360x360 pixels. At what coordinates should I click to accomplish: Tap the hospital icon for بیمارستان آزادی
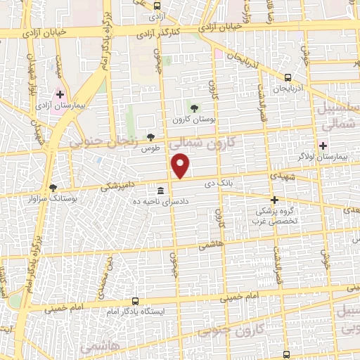pyautogui.click(x=60, y=94)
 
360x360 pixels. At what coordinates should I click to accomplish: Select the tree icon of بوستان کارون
pyautogui.click(x=195, y=107)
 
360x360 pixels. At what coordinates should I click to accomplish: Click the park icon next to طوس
pyautogui.click(x=150, y=137)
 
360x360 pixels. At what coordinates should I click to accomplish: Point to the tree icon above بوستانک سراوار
pyautogui.click(x=53, y=188)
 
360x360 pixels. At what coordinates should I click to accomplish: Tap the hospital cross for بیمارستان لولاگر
pyautogui.click(x=323, y=146)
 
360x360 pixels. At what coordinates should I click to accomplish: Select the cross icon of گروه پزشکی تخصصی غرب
pyautogui.click(x=274, y=200)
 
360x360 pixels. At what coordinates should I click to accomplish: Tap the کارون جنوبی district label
pyautogui.click(x=231, y=333)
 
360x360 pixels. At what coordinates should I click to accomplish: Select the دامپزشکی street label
pyautogui.click(x=117, y=186)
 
